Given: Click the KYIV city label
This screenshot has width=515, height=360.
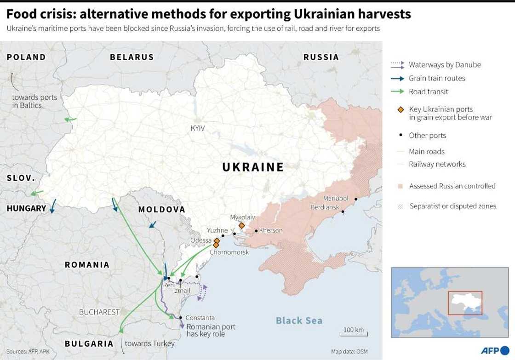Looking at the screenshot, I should pyautogui.click(x=198, y=128).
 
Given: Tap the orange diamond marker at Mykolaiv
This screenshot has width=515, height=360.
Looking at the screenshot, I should pyautogui.click(x=242, y=225).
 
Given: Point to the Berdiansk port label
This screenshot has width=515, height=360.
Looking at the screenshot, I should pyautogui.click(x=324, y=208).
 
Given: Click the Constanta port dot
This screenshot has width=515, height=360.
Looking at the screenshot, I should pyautogui.click(x=181, y=317).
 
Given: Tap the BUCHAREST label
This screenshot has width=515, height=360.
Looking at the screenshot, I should pyautogui.click(x=99, y=312).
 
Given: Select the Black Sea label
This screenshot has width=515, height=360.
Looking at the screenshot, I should pyautogui.click(x=299, y=320).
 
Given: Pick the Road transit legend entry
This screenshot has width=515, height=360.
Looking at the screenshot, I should pyautogui.click(x=428, y=91).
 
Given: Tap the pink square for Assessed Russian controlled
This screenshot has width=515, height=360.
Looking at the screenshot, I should pyautogui.click(x=400, y=186).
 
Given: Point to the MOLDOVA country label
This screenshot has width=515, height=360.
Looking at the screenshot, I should pyautogui.click(x=161, y=210).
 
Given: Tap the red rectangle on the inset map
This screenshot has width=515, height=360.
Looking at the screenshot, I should pyautogui.click(x=465, y=303).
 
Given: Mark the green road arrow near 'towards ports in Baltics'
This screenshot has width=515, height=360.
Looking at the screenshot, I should pyautogui.click(x=70, y=120).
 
